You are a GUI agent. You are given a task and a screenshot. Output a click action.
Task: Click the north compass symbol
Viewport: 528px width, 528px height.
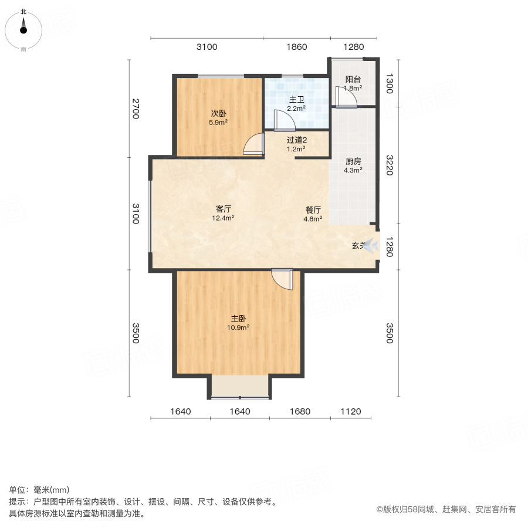click(x=23, y=26)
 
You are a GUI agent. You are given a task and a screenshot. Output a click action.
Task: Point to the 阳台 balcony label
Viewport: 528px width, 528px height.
click(x=353, y=79)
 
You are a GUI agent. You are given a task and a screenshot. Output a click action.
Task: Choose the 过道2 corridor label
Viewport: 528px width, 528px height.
click(x=297, y=140)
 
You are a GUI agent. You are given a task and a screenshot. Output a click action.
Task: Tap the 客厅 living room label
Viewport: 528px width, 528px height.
click(x=223, y=209)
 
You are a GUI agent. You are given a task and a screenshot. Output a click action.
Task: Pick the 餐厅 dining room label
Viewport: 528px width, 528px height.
click(x=313, y=209)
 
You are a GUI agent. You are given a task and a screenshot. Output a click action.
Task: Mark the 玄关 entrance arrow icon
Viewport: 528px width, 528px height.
click(x=371, y=247)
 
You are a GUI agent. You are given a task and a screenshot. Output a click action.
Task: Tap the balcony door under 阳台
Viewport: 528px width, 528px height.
click(x=346, y=97)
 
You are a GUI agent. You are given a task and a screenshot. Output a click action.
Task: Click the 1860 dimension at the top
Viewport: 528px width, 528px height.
click(x=296, y=47)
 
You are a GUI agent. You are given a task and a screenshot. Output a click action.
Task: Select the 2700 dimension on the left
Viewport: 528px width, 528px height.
click(x=136, y=109)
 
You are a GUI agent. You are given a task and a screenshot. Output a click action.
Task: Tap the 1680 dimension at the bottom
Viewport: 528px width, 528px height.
click(x=300, y=411)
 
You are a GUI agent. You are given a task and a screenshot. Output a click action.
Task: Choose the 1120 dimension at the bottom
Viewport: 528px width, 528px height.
click(x=351, y=411)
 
